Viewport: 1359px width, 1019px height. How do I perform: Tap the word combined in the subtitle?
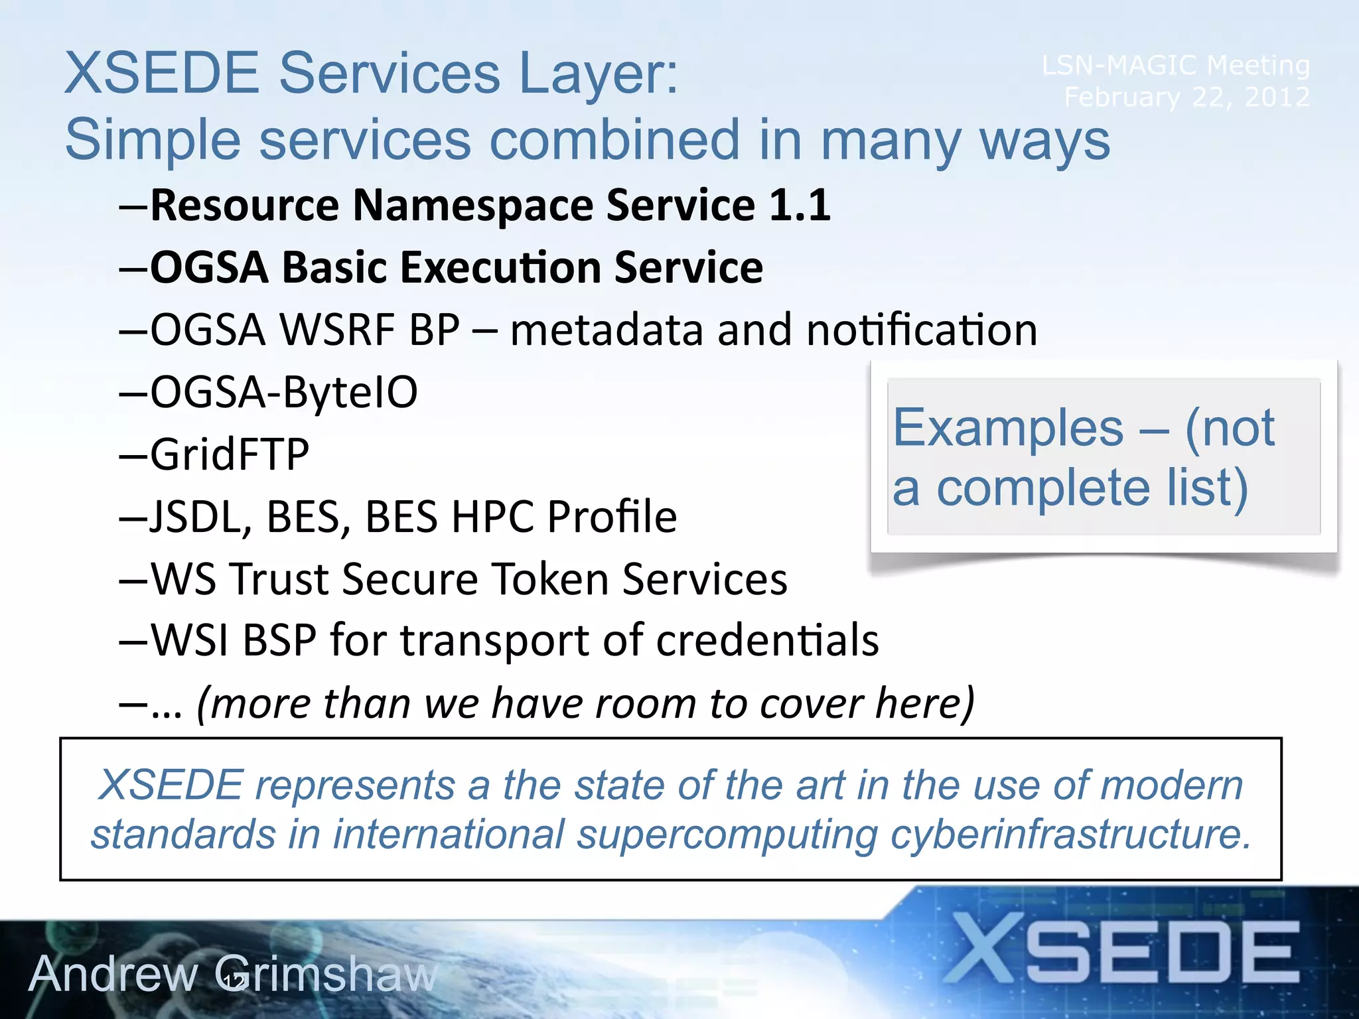(614, 140)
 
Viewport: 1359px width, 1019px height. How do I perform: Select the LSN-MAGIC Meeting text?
(1175, 65)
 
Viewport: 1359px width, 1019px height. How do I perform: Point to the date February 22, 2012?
(1186, 97)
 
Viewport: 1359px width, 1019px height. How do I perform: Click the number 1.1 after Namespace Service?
(799, 205)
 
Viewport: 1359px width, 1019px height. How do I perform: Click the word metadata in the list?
(606, 330)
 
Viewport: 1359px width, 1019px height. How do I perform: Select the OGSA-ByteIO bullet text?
(284, 391)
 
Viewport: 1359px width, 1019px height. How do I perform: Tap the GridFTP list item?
(230, 454)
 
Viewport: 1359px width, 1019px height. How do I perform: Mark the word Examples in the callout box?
(1008, 428)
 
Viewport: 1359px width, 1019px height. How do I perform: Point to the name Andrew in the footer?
(113, 974)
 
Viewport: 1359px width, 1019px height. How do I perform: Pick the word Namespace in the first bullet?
(472, 205)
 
